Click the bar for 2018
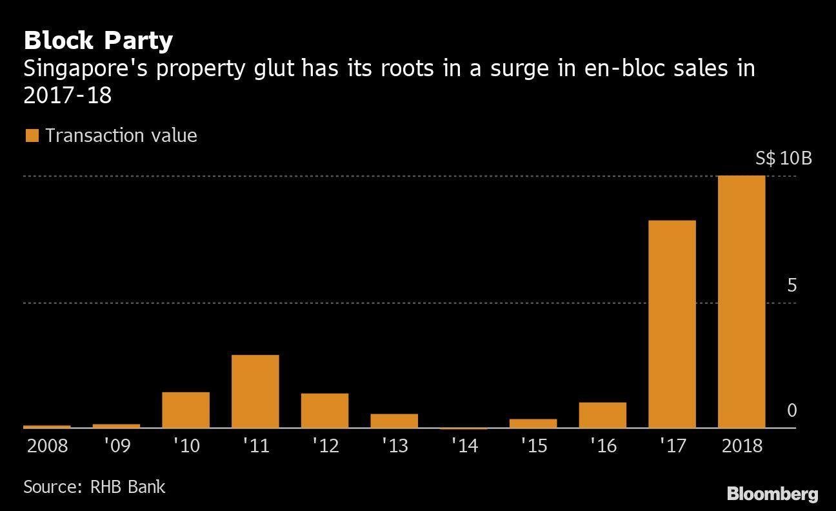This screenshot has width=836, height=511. [x=741, y=301]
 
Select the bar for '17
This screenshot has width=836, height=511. [x=672, y=324]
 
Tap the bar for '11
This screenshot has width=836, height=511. [x=255, y=391]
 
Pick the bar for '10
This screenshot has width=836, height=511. [x=186, y=410]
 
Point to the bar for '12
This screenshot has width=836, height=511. [x=324, y=410]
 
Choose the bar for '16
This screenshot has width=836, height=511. [x=602, y=415]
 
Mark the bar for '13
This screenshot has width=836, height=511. [x=394, y=421]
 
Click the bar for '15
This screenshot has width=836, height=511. [x=533, y=423]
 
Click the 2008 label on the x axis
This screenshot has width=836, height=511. [x=47, y=446]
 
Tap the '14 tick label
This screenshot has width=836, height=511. [x=464, y=446]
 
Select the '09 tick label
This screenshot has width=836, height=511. [x=117, y=446]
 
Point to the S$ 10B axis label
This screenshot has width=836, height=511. [x=783, y=159]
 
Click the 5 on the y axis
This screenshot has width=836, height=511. [x=791, y=285]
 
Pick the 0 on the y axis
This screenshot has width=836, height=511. [x=791, y=410]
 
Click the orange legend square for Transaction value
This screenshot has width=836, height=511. [x=32, y=135]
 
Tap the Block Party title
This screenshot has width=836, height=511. [x=98, y=41]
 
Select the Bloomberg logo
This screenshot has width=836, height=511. [x=772, y=495]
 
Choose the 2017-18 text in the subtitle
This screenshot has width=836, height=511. [x=67, y=95]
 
